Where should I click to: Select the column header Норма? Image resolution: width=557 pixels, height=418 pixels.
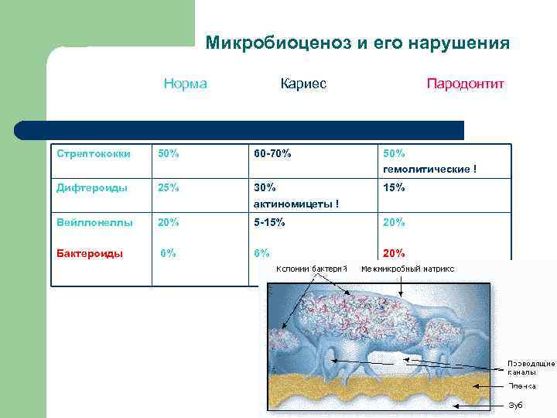pyautogui.click(x=185, y=84)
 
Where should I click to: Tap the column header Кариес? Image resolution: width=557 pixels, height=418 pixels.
pyautogui.click(x=303, y=84)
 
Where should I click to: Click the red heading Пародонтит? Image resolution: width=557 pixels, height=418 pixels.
pyautogui.click(x=465, y=84)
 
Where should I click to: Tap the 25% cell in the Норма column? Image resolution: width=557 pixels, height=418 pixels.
pyautogui.click(x=168, y=187)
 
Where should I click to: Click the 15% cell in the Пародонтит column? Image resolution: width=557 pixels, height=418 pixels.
pyautogui.click(x=394, y=187)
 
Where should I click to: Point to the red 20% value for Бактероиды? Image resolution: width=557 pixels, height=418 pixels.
pyautogui.click(x=394, y=252)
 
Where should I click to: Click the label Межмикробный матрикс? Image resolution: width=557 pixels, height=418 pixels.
pyautogui.click(x=407, y=269)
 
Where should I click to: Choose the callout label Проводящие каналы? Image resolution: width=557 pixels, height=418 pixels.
pyautogui.click(x=530, y=367)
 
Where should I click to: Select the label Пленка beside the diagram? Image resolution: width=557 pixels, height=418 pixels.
pyautogui.click(x=521, y=385)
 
